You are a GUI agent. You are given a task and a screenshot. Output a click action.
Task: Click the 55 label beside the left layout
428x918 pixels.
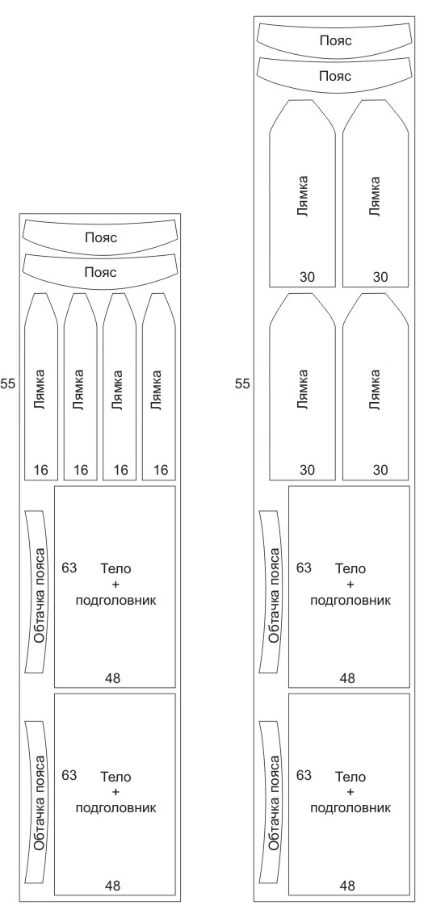tap(7, 384)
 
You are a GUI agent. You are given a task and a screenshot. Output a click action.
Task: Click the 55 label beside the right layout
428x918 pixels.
tap(242, 384)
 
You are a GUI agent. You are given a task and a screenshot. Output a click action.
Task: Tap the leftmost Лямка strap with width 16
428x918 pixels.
tap(41, 387)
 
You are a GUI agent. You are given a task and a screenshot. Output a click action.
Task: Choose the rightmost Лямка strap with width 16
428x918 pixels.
tap(159, 387)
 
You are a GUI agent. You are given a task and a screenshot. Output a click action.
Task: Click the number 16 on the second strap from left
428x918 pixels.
tap(81, 470)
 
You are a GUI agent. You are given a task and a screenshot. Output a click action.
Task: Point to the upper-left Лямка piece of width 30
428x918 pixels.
tap(302, 193)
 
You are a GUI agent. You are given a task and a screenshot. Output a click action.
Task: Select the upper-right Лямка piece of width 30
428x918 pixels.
tap(376, 193)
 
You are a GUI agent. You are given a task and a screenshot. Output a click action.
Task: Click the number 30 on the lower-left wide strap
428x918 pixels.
tap(307, 470)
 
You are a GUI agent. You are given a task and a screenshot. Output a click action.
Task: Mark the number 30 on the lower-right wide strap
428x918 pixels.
tap(380, 470)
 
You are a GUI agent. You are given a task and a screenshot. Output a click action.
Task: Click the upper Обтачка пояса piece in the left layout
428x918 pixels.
tap(36, 593)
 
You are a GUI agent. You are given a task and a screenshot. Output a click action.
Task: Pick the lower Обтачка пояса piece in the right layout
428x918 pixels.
tap(271, 802)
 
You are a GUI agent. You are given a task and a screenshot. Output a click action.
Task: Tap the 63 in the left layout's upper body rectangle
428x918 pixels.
tap(69, 568)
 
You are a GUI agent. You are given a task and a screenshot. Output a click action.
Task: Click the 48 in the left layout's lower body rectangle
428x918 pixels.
tap(112, 886)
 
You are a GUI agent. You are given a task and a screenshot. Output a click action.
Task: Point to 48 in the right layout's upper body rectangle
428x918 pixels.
tap(347, 678)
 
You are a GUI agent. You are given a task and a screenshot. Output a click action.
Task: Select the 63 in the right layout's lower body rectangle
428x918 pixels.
tap(304, 776)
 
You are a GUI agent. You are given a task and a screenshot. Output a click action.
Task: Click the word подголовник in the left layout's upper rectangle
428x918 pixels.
tap(116, 601)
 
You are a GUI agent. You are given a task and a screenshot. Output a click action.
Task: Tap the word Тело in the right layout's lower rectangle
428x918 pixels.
tap(350, 778)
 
